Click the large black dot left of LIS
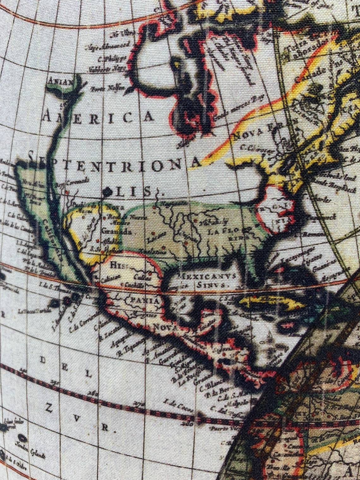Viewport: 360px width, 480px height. click(x=107, y=191)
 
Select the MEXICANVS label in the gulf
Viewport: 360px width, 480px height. click(x=207, y=277)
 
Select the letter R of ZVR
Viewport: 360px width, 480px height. click(x=105, y=428)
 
